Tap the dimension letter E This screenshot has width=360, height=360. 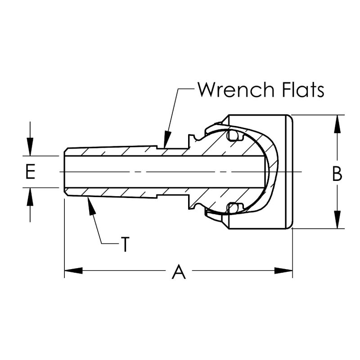point(30,172)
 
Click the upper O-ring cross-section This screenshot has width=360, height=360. point(233,135)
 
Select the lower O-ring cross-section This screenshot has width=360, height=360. point(233,208)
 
